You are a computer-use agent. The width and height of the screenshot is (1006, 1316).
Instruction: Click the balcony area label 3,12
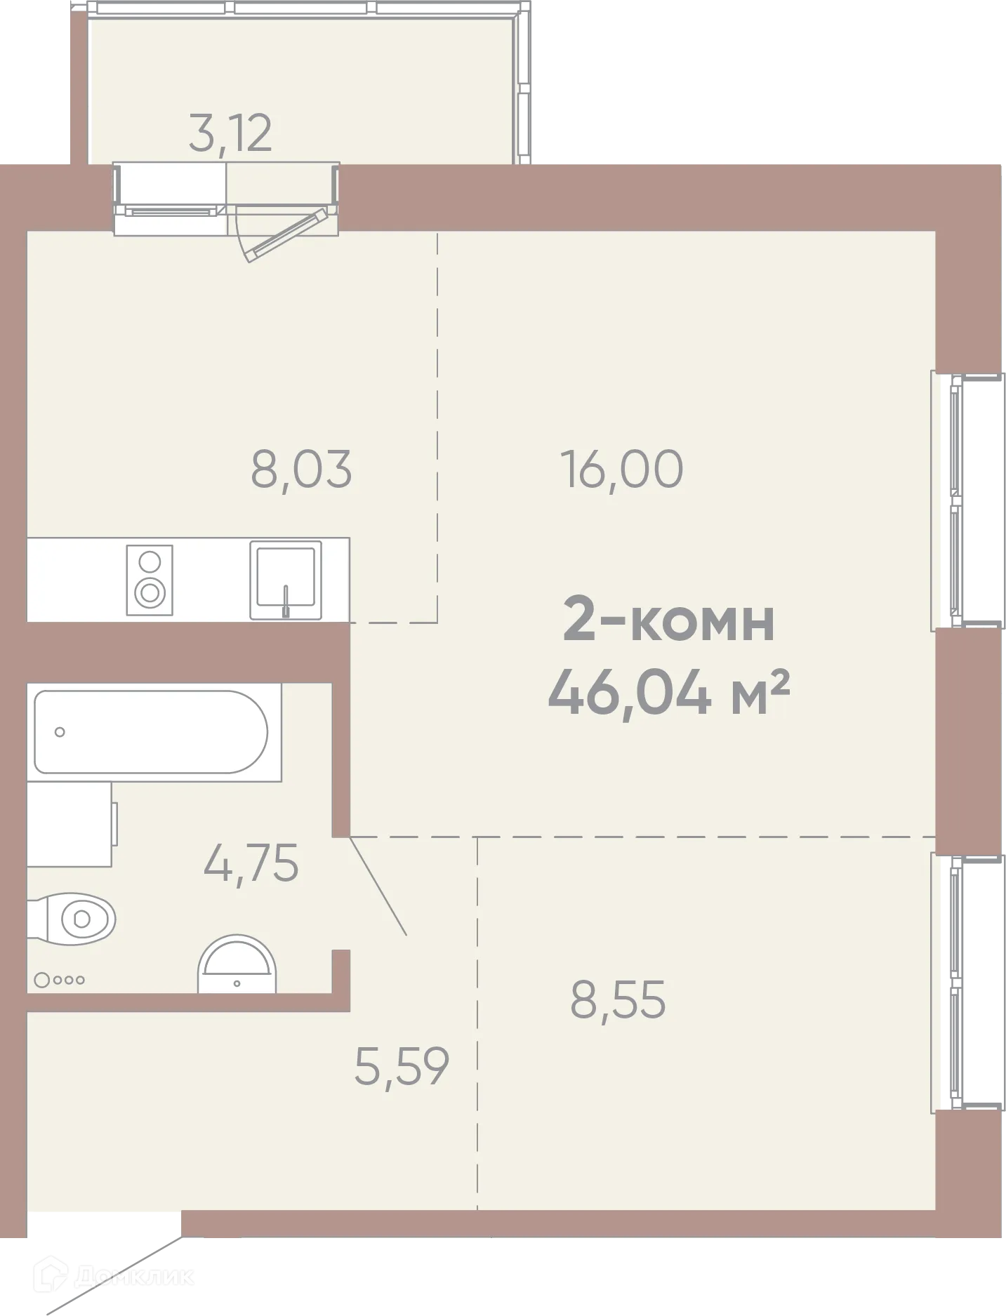point(230,133)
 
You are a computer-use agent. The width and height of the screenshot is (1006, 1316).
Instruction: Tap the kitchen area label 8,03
point(301,470)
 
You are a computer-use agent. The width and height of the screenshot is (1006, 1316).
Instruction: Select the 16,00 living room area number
point(621,470)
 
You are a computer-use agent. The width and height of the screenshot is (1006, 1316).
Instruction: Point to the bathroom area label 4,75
point(251,863)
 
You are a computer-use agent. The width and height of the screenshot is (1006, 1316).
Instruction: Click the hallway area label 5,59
point(402,1065)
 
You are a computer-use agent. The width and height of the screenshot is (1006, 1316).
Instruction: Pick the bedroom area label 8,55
point(618,999)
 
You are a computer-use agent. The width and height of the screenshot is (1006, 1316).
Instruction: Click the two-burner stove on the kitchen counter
point(150,580)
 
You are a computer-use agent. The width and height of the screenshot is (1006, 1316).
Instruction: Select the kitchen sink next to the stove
point(286,580)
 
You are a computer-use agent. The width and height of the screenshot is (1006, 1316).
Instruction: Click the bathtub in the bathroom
point(151,732)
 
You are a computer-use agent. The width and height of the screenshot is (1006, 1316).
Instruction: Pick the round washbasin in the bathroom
point(237,965)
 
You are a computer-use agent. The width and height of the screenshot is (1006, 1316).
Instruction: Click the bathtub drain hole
point(60,732)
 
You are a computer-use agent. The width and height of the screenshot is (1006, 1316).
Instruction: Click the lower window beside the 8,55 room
point(972,983)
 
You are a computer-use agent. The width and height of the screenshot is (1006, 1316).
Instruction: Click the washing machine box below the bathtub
point(70,824)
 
